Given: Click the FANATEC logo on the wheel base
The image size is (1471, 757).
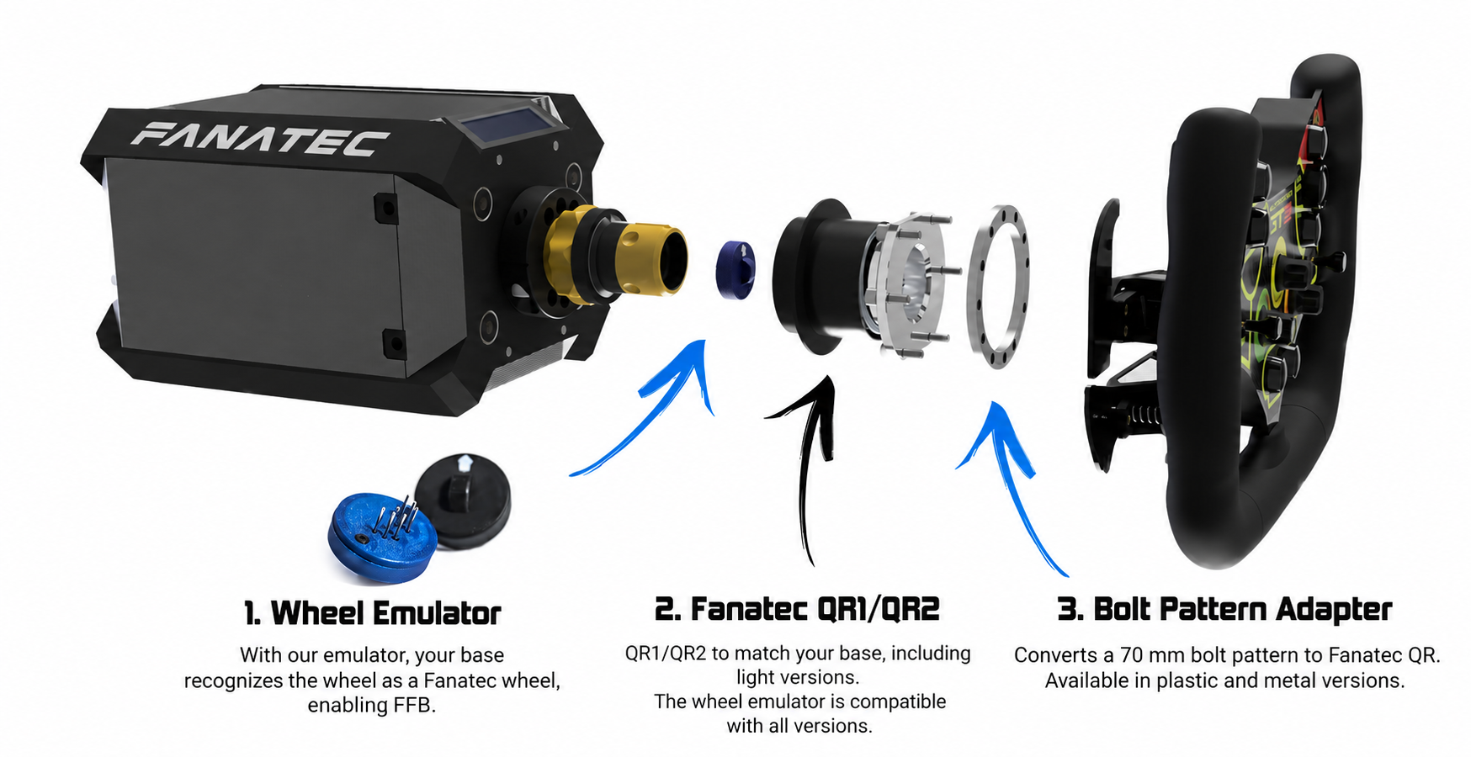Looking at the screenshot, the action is [260, 139].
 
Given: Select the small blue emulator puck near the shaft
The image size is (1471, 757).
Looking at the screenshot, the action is [735, 268].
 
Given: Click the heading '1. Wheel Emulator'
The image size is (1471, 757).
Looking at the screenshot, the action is [372, 613].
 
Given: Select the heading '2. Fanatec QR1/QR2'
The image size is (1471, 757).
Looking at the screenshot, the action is [797, 609].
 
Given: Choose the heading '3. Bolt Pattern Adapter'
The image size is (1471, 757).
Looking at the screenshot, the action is [1224, 609].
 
